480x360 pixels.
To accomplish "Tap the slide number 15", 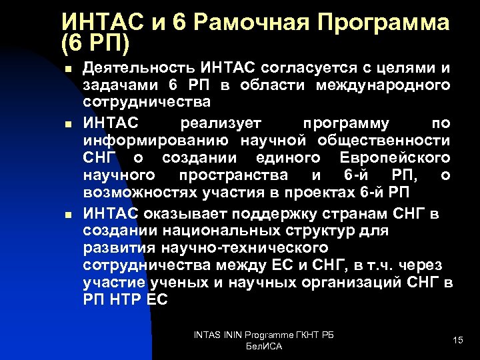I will click(x=457, y=341).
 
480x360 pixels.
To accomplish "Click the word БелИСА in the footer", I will click(x=264, y=347).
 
